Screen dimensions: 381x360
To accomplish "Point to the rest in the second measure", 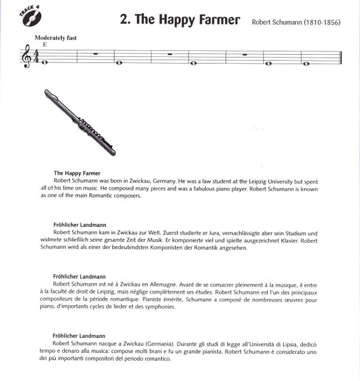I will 97,54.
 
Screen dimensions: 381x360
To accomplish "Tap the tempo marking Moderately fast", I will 56,37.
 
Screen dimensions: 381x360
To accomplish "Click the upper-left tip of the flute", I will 46,92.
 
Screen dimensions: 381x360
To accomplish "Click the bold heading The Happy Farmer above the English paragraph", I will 77,173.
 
